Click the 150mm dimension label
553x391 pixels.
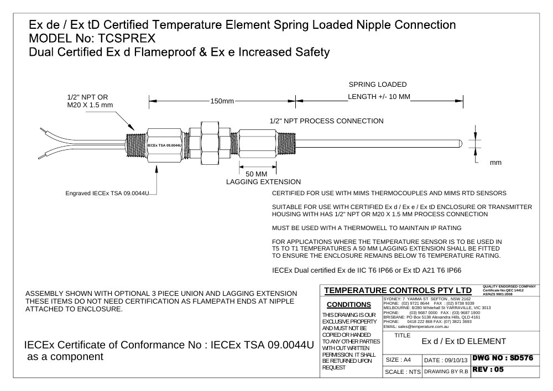(x=222, y=101)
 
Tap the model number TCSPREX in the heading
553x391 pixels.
(x=126, y=38)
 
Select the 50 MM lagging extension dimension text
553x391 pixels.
(x=257, y=174)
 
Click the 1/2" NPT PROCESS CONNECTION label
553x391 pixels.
(x=327, y=121)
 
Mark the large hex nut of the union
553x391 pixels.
(x=210, y=143)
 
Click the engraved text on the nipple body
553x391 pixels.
(x=164, y=145)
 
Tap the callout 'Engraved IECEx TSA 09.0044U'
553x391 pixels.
(x=107, y=193)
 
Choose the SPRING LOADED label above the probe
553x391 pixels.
(x=378, y=84)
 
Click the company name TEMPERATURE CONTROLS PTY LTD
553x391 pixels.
(x=398, y=290)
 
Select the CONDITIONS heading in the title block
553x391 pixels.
(x=349, y=305)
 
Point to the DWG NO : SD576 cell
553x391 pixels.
(x=503, y=358)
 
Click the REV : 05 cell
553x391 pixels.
(x=488, y=369)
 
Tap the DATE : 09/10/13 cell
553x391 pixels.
(x=446, y=360)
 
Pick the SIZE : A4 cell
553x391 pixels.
(x=398, y=359)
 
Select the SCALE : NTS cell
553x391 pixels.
(x=403, y=372)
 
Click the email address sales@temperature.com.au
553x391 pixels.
(x=423, y=326)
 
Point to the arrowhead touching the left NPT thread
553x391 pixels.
(x=131, y=127)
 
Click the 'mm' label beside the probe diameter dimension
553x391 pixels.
(x=495, y=163)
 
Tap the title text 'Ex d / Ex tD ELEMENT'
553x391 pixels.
(x=464, y=341)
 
